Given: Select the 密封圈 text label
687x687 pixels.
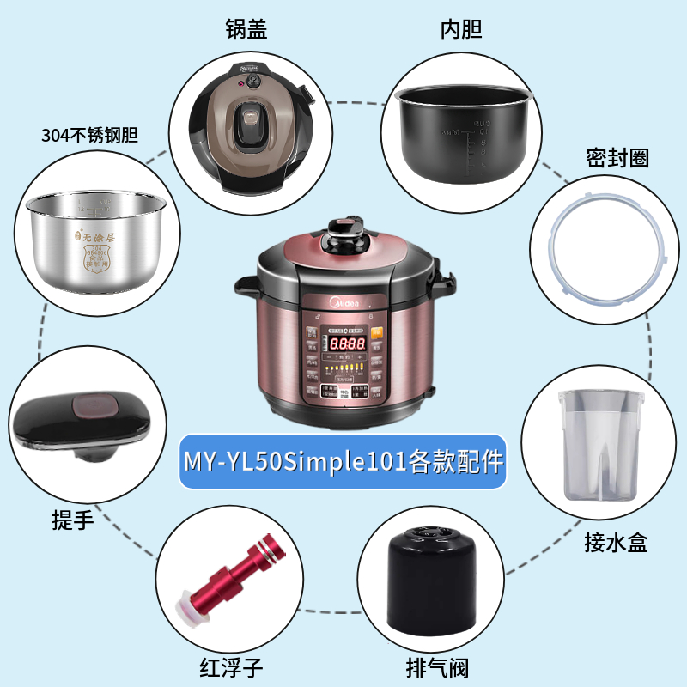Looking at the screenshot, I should [x=617, y=157].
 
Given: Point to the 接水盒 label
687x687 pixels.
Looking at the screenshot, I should [x=615, y=542].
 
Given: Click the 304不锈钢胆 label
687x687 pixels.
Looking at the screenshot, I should [x=90, y=135].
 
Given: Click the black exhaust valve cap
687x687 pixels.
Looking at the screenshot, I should [x=431, y=580].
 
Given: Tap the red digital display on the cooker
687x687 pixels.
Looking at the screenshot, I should [x=344, y=343].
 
